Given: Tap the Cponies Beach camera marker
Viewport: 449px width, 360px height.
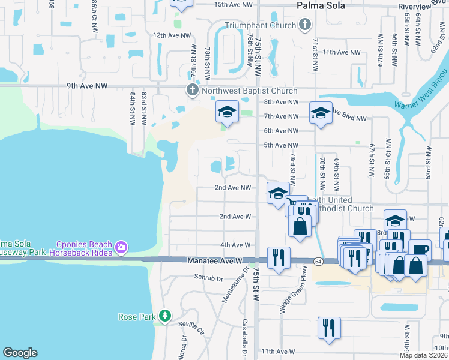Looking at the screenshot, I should (x=121, y=247).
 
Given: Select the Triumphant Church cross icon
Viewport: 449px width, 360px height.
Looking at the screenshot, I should (x=305, y=25).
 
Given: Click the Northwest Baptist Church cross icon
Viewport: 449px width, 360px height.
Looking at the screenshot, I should (x=192, y=91).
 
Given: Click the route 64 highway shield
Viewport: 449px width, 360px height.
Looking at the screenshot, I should (x=316, y=262).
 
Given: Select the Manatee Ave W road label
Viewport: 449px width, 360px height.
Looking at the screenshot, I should (x=213, y=262).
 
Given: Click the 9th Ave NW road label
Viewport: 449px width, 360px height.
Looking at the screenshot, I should (x=88, y=86).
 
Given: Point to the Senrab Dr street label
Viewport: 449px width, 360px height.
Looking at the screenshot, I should (x=208, y=278).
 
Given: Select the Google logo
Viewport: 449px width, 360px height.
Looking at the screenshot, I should (x=20, y=353).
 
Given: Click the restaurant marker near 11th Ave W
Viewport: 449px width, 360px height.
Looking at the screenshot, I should (x=329, y=328).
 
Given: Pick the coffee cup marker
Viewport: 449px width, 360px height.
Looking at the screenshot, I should (x=420, y=249).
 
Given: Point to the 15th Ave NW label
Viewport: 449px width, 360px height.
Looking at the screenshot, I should (x=233, y=4).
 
